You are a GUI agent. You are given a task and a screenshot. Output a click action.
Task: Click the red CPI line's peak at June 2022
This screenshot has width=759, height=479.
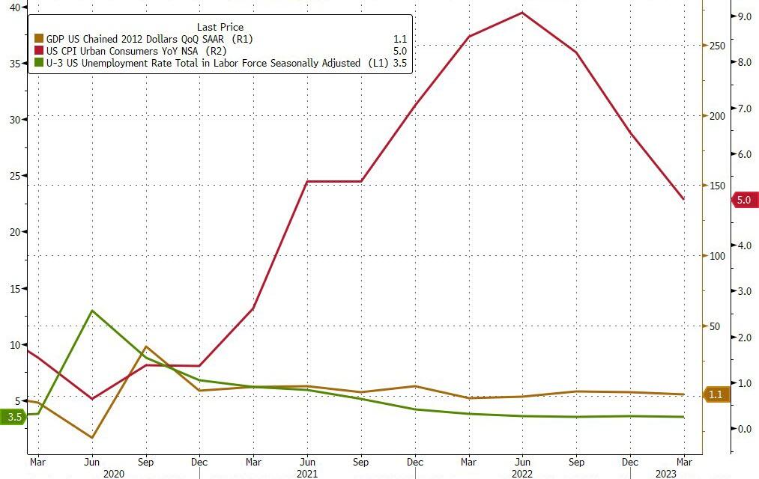(522, 13)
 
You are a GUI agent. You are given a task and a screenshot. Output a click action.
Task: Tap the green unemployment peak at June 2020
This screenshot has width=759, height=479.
(91, 310)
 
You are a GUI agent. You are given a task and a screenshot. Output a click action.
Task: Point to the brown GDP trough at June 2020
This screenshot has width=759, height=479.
(91, 438)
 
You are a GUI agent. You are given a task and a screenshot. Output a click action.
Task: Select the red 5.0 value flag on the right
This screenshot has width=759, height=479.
(743, 200)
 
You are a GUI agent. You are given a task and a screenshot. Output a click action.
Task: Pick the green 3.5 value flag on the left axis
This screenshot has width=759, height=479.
(13, 417)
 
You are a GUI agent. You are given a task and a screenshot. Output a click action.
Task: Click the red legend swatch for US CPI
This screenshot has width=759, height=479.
(39, 51)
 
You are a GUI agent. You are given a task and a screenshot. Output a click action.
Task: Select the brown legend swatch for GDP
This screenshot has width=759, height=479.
(39, 38)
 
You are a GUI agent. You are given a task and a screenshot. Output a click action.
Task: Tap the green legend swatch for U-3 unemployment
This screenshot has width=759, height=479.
(39, 64)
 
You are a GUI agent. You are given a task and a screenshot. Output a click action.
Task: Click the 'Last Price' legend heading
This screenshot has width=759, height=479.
(220, 27)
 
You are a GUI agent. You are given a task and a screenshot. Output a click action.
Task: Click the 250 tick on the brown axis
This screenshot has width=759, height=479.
(717, 46)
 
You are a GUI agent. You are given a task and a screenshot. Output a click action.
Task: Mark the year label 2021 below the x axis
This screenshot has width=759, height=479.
(306, 473)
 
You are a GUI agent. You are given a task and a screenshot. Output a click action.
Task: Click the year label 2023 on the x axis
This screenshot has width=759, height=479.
(667, 473)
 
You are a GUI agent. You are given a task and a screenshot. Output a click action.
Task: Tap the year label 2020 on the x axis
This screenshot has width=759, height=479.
(113, 473)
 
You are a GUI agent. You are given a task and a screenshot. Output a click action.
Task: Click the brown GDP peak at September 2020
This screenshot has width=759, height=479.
(146, 347)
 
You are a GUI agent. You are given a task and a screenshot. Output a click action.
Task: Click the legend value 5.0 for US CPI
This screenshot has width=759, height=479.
(399, 51)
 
